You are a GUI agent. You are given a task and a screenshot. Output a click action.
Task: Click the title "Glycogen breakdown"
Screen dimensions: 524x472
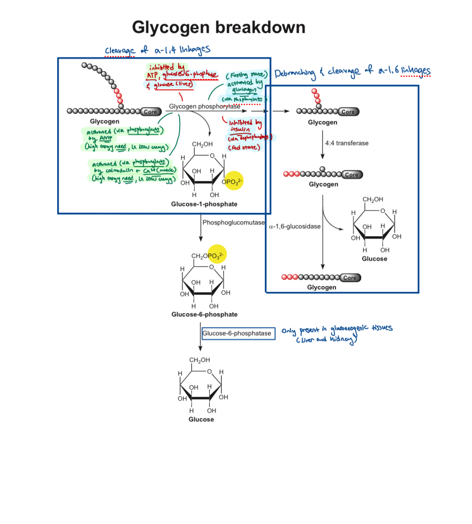coord(219,27)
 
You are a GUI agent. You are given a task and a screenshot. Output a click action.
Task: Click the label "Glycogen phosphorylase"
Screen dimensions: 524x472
coord(204,106)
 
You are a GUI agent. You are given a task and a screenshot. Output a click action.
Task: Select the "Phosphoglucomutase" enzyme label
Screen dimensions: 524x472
coord(234,223)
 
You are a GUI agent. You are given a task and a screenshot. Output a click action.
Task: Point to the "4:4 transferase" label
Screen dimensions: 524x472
coord(347,143)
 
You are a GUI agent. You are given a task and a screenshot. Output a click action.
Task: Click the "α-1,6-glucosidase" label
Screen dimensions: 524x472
coord(294,226)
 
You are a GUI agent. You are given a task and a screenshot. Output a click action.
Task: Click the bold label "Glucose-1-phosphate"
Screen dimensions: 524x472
coord(204,204)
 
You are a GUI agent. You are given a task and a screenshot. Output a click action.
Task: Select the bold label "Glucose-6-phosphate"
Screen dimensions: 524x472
coord(204,314)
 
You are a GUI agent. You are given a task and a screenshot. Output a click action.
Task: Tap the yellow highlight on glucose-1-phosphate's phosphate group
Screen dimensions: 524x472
coord(234,181)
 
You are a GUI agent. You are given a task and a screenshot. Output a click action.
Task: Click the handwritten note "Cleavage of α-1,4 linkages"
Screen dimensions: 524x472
coord(157,51)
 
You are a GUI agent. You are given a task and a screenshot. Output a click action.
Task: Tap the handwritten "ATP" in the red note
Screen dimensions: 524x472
coord(153,75)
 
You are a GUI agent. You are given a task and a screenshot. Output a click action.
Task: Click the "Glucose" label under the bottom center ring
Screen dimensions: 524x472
coord(201,419)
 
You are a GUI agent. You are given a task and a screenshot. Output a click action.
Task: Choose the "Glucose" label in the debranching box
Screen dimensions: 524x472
coord(374,259)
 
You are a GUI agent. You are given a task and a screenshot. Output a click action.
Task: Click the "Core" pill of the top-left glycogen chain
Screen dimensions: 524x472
coord(151,112)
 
